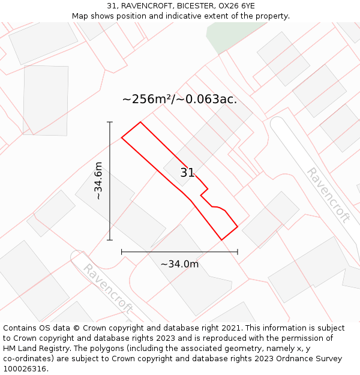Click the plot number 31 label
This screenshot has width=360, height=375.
[187, 173]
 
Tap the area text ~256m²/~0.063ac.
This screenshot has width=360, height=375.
[179, 100]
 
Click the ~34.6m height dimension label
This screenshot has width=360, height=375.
[98, 181]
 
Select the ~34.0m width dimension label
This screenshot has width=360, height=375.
[179, 264]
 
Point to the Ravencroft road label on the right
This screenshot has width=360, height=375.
[328, 194]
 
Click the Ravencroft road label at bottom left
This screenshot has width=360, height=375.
[107, 288]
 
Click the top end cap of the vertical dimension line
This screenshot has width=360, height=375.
[110, 122]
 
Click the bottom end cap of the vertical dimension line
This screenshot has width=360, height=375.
[110, 240]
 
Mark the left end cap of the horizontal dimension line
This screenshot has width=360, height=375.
[122, 252]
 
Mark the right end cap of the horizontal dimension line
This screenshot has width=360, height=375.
[238, 252]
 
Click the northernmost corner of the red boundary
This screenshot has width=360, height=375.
[140, 122]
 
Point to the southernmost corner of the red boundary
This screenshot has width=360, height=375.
[221, 240]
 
